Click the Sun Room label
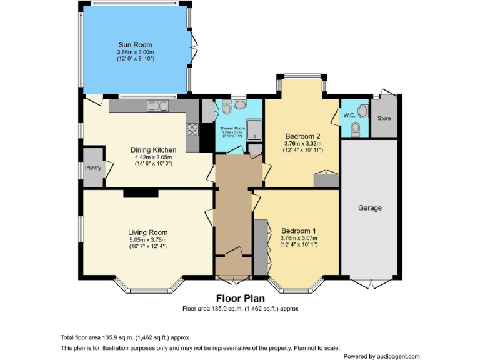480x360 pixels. point(136,45)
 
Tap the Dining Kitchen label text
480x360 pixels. point(153,150)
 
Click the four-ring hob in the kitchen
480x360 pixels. point(192,130)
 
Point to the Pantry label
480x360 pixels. point(92,167)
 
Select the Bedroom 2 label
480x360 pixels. point(302,136)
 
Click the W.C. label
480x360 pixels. point(349,115)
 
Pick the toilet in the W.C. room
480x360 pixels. point(356,128)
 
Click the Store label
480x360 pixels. point(384,117)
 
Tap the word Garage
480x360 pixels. point(369,208)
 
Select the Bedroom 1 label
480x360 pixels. point(298,230)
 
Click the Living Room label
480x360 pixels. point(148,232)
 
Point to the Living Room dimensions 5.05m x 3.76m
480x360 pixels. point(148,239)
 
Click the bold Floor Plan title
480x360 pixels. point(240,298)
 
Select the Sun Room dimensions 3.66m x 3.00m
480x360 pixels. point(136,52)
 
